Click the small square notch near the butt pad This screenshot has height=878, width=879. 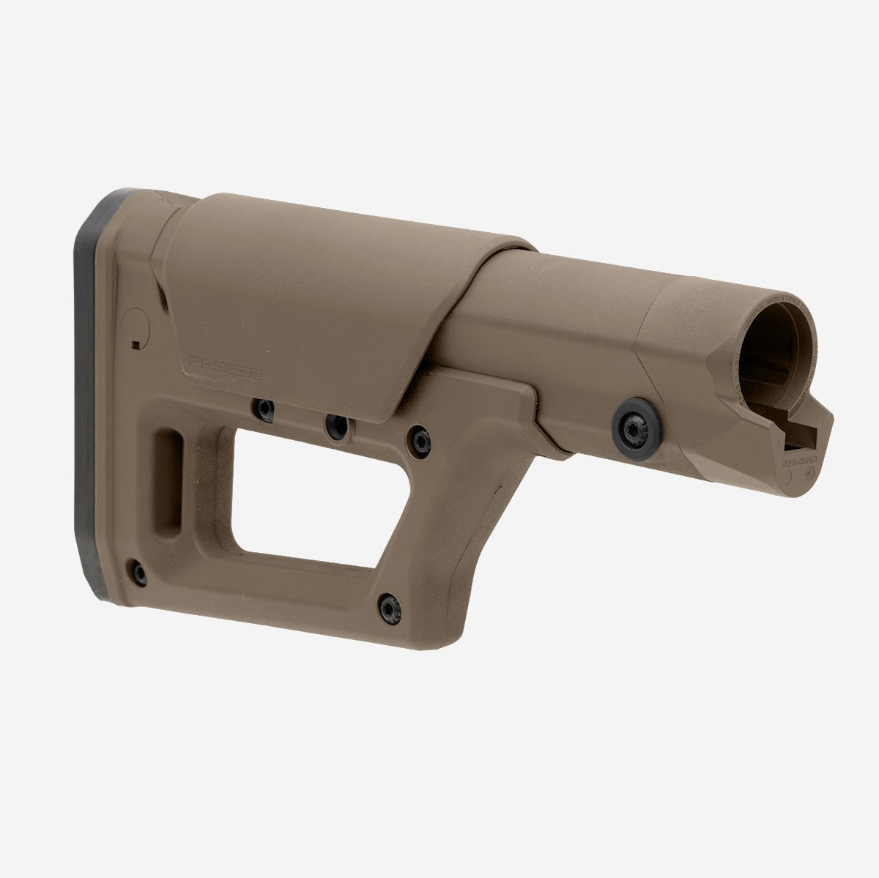click(135, 343)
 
